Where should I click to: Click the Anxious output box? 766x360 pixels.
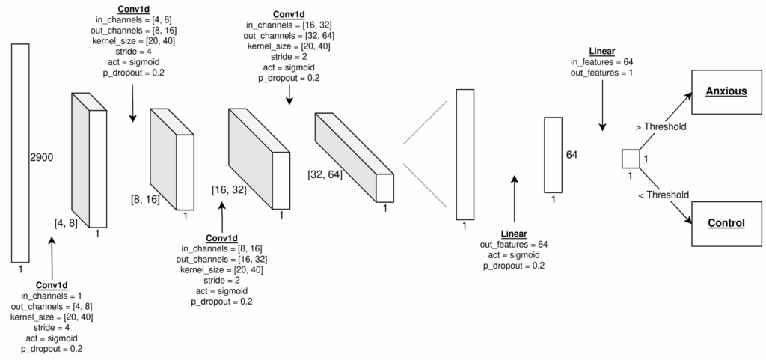pos(726,91)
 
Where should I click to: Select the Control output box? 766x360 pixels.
pos(726,223)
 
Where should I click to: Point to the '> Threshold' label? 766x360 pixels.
pos(661,127)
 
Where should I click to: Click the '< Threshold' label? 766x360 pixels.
pos(661,195)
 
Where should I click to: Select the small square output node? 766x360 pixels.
pos(630,159)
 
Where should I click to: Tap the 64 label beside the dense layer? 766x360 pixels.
pos(572,155)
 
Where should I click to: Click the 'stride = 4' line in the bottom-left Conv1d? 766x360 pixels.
pos(52,328)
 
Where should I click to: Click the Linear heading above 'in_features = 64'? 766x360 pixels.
pos(602,51)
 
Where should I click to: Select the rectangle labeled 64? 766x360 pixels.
pos(553,154)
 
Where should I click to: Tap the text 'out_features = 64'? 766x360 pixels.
pos(513,245)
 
